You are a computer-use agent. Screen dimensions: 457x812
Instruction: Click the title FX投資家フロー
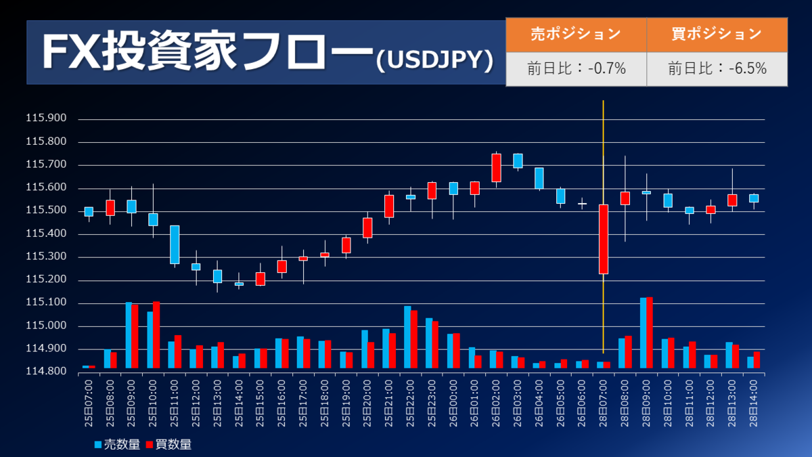point(203,53)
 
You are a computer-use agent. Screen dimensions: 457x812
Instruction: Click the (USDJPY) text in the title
point(434,61)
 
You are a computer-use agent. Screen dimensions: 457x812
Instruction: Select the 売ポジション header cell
point(575,35)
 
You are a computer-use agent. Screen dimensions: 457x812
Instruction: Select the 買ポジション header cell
point(717,35)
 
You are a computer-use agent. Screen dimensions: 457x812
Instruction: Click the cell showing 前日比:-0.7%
point(575,68)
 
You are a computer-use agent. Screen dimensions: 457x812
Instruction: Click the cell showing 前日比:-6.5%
point(717,68)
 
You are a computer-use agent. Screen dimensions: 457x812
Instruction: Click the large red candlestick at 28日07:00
point(603,239)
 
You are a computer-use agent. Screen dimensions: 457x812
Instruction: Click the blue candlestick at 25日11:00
point(175,244)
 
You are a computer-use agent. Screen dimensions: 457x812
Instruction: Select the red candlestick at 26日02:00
point(496,168)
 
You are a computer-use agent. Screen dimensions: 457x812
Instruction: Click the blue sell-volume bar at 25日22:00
point(407,337)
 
